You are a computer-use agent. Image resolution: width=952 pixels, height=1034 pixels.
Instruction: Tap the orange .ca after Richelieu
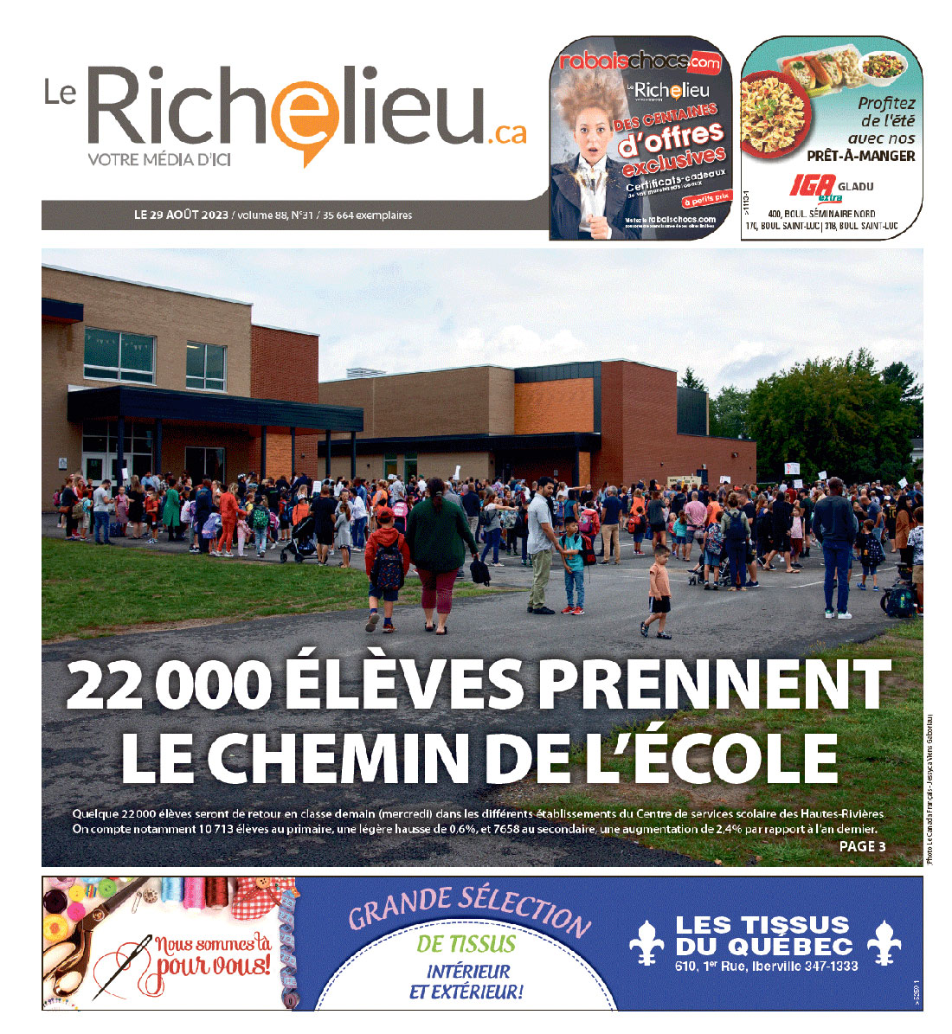pos(505,132)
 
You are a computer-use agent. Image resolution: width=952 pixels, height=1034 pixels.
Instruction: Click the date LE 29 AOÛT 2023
pos(181,215)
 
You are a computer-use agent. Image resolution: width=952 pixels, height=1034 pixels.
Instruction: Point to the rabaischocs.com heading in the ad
pos(640,61)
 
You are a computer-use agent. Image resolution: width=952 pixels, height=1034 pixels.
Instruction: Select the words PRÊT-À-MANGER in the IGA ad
pos(860,156)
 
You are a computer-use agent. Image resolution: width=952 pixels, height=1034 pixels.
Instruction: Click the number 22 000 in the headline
pos(164,685)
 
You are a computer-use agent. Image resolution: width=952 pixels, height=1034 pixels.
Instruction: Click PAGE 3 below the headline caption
pos(862,846)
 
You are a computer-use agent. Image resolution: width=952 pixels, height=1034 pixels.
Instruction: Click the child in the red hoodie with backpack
pos(386,562)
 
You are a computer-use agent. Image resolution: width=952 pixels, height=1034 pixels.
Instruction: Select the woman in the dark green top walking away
pos(441,545)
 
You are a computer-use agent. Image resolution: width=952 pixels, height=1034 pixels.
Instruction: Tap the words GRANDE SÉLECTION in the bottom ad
pos(468,909)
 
